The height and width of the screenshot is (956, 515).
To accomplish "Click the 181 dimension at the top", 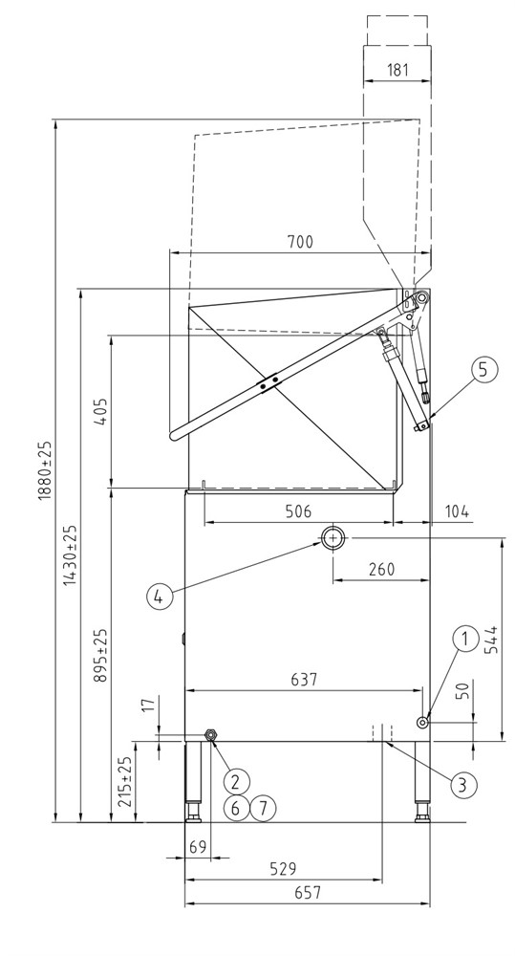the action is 397,69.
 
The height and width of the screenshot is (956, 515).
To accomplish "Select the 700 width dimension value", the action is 299,242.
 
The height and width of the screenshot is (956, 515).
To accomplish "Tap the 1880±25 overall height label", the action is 47,470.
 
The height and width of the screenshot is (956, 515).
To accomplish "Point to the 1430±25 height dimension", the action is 72,555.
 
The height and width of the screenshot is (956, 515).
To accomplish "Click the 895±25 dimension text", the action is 101,656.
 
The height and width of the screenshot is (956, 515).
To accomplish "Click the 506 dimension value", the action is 299,511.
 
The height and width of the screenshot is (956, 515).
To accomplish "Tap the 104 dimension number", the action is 457,511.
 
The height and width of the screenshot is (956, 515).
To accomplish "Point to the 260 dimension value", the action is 381,569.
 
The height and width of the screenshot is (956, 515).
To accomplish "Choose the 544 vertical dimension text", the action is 491,640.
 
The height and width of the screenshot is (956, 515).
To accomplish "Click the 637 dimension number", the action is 304,679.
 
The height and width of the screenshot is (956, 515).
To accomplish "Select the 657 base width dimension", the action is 307,893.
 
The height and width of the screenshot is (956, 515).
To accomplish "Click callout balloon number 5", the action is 484,370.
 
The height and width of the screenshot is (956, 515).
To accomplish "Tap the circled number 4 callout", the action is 159,596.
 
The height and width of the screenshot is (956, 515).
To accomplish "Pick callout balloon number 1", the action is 465,640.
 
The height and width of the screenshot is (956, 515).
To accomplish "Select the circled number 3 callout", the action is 463,784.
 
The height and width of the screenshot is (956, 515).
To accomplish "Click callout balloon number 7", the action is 263,809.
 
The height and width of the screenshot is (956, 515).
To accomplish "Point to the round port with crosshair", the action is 333,537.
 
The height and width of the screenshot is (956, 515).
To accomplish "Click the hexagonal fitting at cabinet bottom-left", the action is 210,735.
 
